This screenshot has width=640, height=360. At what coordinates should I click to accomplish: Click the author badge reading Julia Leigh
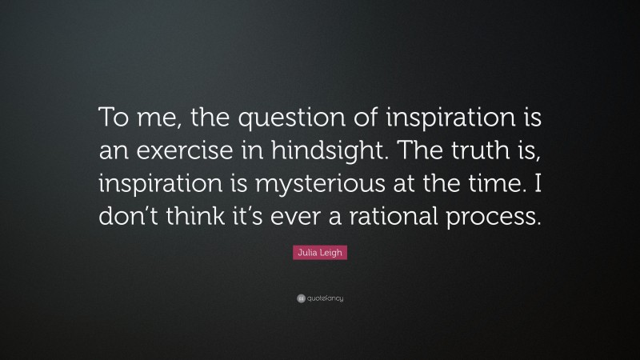click(319, 254)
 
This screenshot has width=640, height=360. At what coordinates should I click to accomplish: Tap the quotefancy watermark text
click(325, 298)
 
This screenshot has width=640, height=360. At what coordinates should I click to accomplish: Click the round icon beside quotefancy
click(300, 298)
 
